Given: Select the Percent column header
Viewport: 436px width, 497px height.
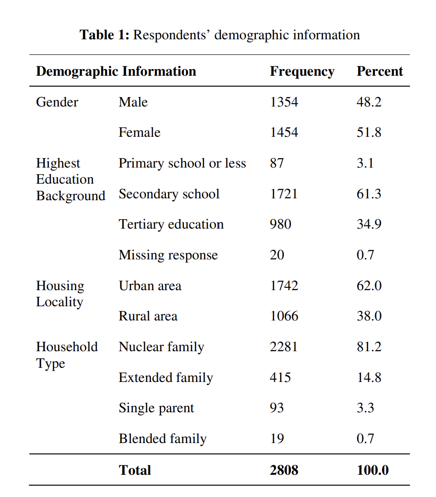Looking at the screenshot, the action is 380,71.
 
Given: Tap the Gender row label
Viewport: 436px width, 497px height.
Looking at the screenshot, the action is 57,102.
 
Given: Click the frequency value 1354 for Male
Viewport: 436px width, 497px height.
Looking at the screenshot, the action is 284,102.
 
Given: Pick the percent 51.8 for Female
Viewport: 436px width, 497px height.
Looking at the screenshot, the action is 369,133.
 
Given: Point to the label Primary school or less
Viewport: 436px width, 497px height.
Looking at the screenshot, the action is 182,164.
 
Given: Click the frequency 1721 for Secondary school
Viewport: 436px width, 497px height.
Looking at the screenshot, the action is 284,194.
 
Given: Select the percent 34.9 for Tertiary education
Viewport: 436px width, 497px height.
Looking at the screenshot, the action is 369,224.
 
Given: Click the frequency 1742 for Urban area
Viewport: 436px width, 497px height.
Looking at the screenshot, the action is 284,285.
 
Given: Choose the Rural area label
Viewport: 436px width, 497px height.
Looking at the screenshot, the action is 148,316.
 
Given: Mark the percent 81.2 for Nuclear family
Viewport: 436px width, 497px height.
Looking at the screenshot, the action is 369,347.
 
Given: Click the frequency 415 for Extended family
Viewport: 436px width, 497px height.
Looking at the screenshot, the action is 280,378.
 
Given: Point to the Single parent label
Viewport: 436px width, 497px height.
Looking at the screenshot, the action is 156,408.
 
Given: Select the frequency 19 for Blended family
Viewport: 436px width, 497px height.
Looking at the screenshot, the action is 277,439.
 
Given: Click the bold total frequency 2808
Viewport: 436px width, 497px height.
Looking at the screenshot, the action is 284,470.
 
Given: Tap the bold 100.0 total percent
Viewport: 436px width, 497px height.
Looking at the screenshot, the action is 372,470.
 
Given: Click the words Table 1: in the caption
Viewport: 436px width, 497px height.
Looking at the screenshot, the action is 104,35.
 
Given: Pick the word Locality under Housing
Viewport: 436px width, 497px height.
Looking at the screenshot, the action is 60,302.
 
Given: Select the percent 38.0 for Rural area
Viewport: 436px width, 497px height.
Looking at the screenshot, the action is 369,316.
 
